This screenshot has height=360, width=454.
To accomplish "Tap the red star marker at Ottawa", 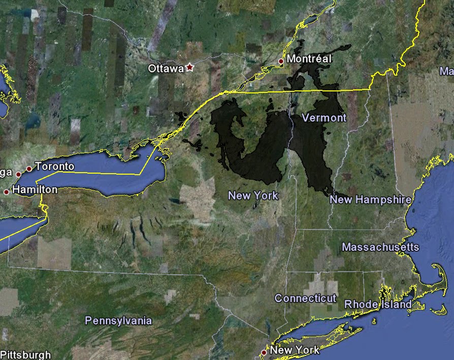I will click(x=190, y=67).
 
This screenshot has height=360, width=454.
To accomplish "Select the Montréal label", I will click(x=309, y=59).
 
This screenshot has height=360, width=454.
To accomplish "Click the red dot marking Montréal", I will click(x=281, y=61).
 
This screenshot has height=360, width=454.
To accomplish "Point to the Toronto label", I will click(x=55, y=167).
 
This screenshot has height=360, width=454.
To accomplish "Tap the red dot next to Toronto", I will click(x=29, y=169).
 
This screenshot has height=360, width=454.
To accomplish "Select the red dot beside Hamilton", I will click(x=6, y=192).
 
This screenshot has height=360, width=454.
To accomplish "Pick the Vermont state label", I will click(x=323, y=118).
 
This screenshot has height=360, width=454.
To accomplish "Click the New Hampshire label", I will click(x=370, y=200).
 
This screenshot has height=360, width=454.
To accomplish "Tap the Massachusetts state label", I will click(x=380, y=247).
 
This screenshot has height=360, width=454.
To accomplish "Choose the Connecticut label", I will click(x=305, y=298).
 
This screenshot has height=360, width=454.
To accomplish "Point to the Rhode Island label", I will click(x=378, y=304).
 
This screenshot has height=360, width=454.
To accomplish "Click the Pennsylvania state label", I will click(x=118, y=320).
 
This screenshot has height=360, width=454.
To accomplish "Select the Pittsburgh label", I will click(x=25, y=354).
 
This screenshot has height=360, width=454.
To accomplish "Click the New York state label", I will click(x=253, y=195).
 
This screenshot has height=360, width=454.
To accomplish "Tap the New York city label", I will click(x=295, y=350).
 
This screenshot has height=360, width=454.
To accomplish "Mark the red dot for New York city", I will click(x=264, y=352).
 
